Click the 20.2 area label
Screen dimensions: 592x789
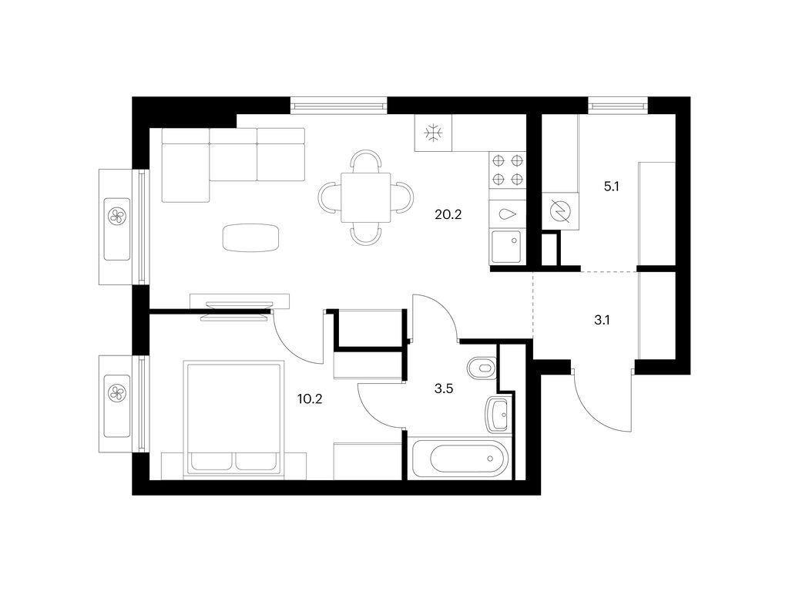click(448, 215)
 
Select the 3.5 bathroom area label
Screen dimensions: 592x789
click(443, 389)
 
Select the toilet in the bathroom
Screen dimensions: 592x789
click(484, 368)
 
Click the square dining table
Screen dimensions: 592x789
click(366, 197)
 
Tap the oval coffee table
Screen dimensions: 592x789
click(250, 237)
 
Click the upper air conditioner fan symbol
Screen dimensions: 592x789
click(117, 215)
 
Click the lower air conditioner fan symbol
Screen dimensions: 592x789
click(117, 393)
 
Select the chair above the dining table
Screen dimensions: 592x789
click(365, 161)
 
